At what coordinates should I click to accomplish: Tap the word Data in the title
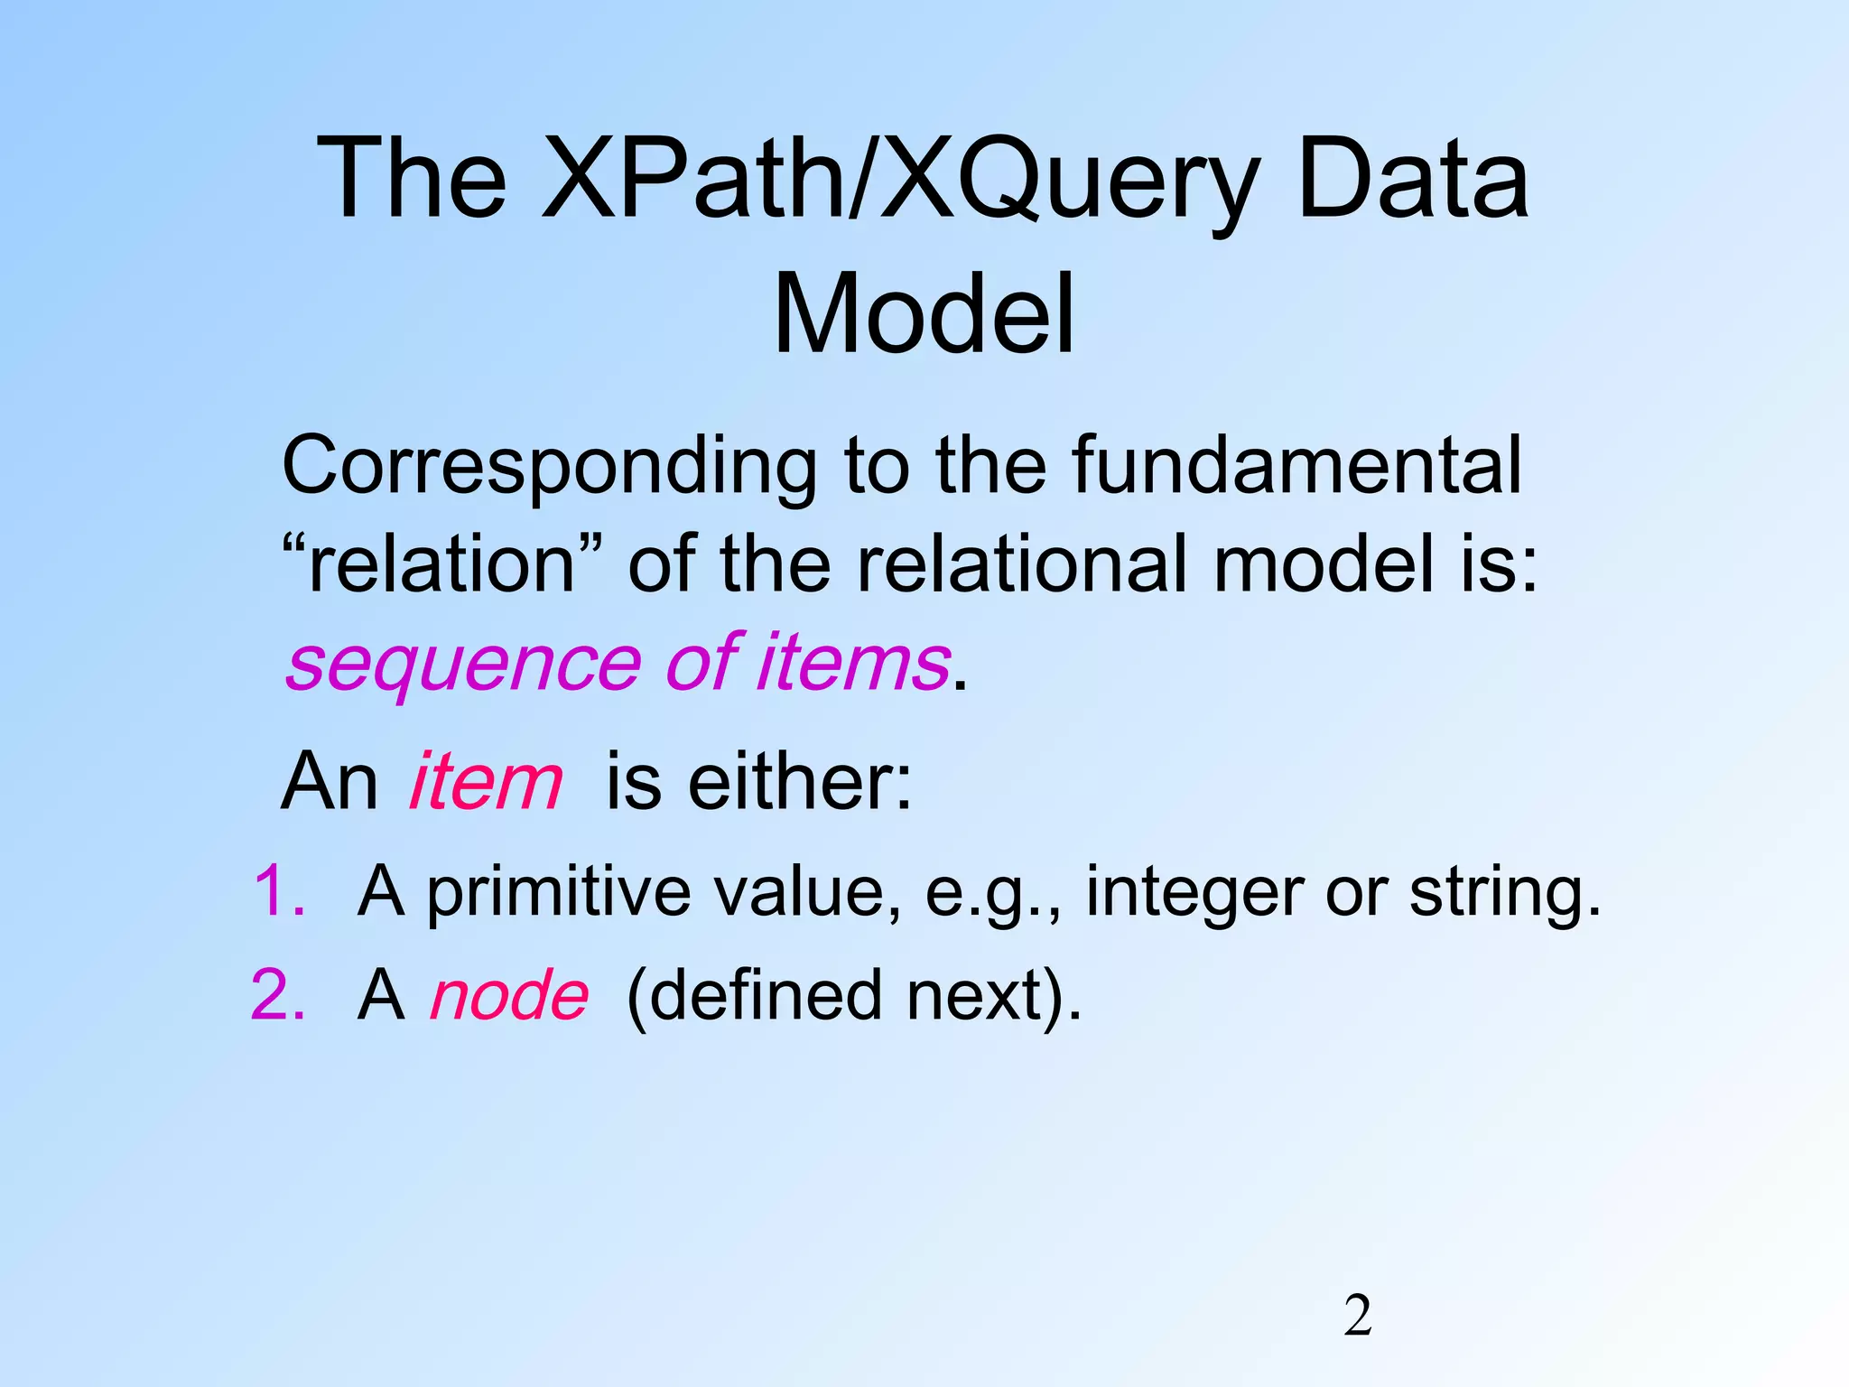point(1412,181)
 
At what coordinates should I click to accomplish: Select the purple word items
point(854,663)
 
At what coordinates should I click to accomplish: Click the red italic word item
point(486,782)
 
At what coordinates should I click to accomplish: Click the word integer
point(1194,894)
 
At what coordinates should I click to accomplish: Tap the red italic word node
point(509,997)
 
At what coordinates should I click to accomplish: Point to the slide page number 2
point(1358,1317)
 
